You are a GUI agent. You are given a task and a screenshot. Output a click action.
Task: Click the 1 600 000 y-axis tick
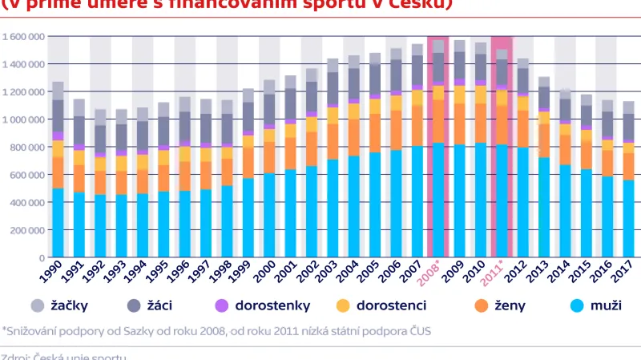point(22,37)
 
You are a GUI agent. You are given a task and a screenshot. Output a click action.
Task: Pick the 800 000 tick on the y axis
point(25,148)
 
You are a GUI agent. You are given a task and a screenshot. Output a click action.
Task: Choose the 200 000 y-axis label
point(25,230)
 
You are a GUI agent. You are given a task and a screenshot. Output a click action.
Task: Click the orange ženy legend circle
point(481,305)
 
